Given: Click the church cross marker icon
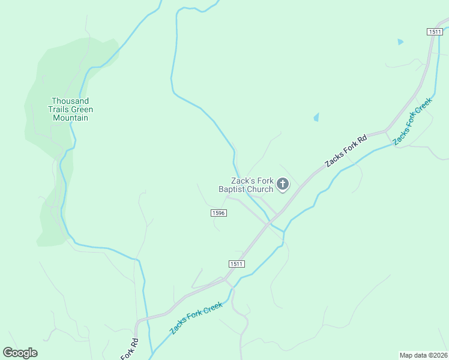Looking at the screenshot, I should [x=283, y=184].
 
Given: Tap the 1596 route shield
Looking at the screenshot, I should [x=218, y=213].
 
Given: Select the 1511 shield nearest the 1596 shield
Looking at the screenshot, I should [x=237, y=263].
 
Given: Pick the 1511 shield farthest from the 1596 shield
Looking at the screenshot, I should [x=435, y=31].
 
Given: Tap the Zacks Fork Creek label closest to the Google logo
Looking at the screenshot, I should [x=196, y=318].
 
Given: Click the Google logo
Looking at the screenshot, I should [x=20, y=353].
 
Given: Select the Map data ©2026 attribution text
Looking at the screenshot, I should [x=423, y=355].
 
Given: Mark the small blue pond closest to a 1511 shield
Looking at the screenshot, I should [x=400, y=41].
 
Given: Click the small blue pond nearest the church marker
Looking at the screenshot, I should [x=316, y=118].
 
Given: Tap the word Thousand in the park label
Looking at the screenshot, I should [x=70, y=101].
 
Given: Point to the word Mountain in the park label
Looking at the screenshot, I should [x=70, y=118].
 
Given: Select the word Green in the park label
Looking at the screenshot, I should [x=82, y=110].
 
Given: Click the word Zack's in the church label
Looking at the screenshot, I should [x=244, y=181].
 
